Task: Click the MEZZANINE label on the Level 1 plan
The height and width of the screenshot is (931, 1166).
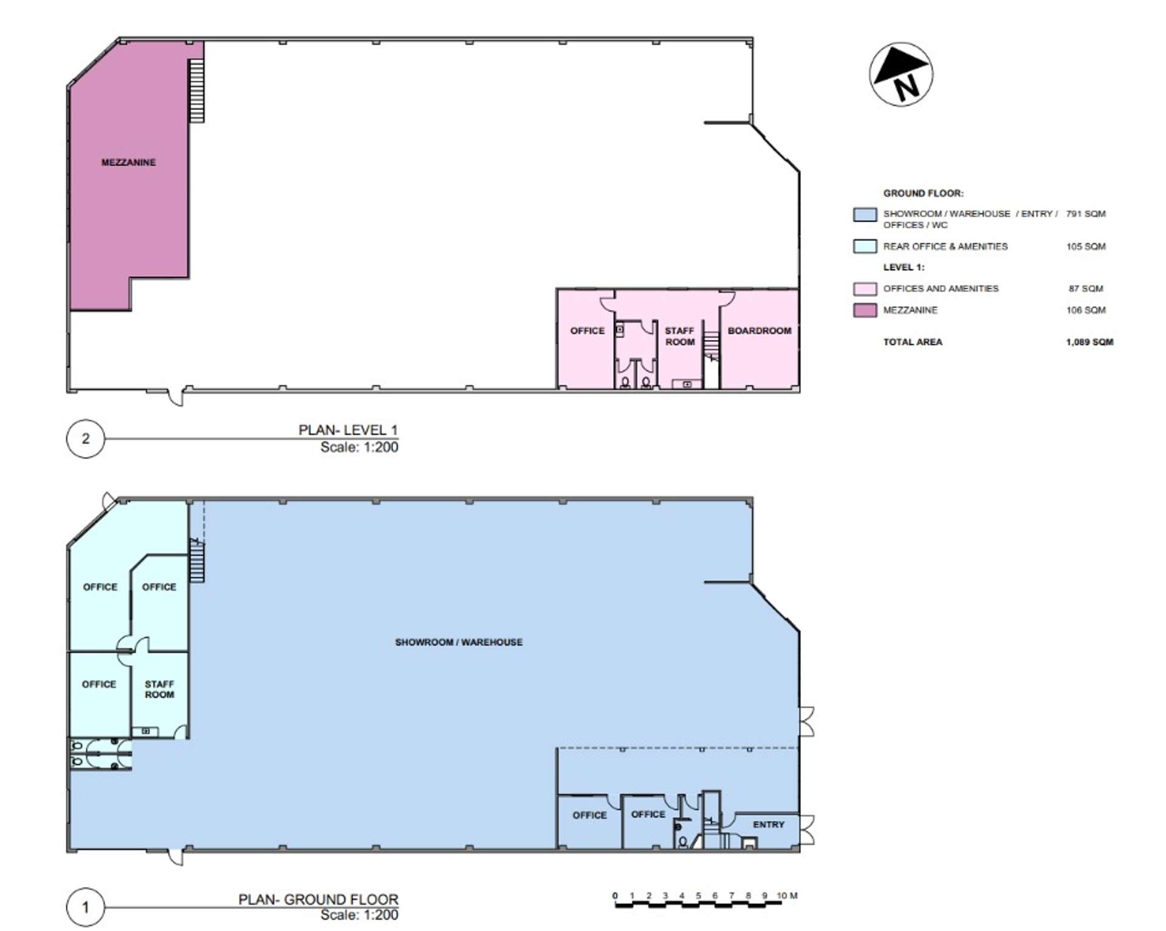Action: [x=128, y=162]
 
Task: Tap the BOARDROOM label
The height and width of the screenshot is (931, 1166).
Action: [x=760, y=330]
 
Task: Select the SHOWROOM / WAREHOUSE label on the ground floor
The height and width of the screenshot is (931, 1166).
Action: [x=459, y=642]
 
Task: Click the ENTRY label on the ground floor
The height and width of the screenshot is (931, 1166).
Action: [x=769, y=824]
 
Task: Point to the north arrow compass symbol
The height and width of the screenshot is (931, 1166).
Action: [x=900, y=74]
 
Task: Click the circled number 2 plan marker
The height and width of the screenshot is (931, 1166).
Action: [x=86, y=438]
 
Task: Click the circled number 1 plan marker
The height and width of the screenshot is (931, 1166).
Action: [x=86, y=907]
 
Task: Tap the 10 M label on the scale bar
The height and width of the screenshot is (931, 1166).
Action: [x=787, y=895]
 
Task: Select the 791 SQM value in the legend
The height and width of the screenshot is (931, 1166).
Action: [x=1086, y=214]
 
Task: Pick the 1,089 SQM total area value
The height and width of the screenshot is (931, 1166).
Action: [x=1089, y=342]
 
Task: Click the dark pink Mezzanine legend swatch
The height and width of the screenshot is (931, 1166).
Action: [x=865, y=310]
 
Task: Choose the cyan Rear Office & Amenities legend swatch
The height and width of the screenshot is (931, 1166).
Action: [x=865, y=246]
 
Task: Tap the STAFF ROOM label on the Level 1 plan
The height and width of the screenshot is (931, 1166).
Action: [x=679, y=336]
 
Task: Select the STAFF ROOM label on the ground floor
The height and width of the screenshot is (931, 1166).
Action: [x=159, y=689]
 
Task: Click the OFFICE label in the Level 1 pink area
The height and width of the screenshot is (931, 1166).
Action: [x=587, y=330]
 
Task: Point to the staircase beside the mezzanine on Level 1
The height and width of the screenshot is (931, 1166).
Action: [x=196, y=90]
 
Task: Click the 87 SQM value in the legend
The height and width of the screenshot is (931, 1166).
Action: [x=1086, y=288]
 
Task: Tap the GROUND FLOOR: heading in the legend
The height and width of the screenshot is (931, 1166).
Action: [x=923, y=193]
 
